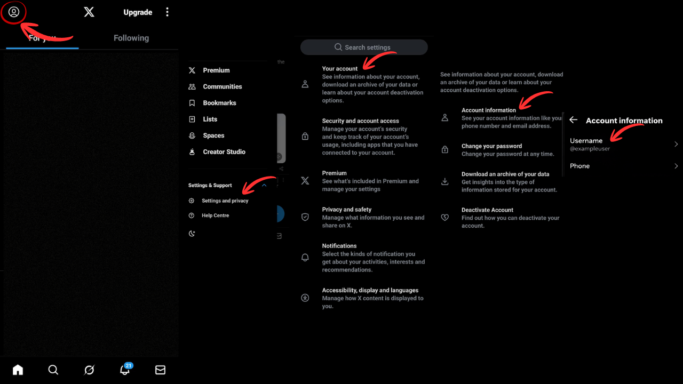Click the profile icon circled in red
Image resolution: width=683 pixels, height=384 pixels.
(14, 12)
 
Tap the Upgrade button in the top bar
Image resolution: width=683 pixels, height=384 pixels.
(138, 12)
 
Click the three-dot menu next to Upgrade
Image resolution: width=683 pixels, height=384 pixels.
(168, 12)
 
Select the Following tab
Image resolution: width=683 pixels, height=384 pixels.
(131, 38)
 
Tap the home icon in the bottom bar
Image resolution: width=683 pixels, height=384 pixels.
(18, 370)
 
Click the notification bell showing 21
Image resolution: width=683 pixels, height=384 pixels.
(125, 370)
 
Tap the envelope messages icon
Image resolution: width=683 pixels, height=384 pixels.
(160, 370)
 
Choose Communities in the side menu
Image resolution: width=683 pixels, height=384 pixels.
(222, 86)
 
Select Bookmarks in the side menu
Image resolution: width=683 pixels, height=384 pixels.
(219, 103)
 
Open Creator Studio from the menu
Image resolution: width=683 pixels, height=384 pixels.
(224, 152)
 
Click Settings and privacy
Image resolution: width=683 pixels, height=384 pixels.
(225, 201)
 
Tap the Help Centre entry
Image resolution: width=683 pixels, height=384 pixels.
(215, 215)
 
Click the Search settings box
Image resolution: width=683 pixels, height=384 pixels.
(364, 47)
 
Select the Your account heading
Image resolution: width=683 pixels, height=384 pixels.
(340, 69)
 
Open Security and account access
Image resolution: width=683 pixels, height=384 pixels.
(360, 121)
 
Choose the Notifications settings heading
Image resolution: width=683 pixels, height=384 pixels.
(339, 246)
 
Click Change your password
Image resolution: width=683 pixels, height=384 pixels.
(491, 146)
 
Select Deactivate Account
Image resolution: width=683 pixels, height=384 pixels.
(487, 210)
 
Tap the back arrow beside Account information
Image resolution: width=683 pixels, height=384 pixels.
(574, 120)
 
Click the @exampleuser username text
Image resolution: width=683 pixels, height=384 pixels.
(590, 149)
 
